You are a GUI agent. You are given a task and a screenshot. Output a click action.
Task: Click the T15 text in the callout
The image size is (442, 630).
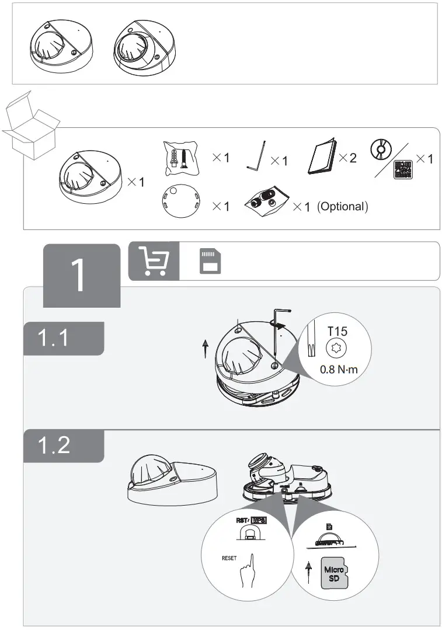pos(337,331)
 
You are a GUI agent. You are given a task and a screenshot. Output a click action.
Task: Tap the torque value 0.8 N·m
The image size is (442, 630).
pos(339,369)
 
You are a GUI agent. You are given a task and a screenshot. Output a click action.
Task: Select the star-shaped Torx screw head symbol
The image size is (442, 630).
pos(337,349)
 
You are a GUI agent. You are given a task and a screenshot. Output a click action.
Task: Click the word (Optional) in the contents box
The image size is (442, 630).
pos(343,207)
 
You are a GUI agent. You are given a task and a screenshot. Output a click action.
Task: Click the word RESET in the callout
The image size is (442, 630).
pos(230,558)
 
